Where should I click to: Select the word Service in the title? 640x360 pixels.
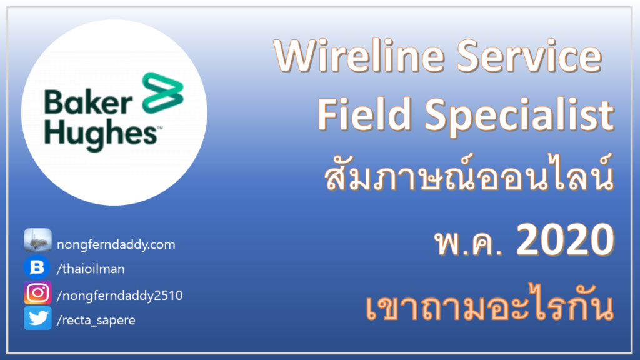[529, 56]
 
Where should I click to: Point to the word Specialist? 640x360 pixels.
[519, 116]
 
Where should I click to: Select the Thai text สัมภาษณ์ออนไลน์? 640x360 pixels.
[469, 173]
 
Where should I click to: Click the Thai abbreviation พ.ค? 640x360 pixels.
[468, 242]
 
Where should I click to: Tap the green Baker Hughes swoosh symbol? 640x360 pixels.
[163, 93]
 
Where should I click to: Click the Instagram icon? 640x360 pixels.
[37, 292]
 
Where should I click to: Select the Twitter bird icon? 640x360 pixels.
[37, 318]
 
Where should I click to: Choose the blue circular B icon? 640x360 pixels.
[37, 267]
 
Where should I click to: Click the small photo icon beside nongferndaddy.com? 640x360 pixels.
[37, 240]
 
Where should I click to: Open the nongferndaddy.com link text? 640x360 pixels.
[116, 244]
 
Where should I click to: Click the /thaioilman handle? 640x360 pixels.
[91, 269]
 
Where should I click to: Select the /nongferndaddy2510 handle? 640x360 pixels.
[119, 296]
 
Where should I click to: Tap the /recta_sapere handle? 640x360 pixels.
[96, 321]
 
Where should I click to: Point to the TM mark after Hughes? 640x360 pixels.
[160, 127]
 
